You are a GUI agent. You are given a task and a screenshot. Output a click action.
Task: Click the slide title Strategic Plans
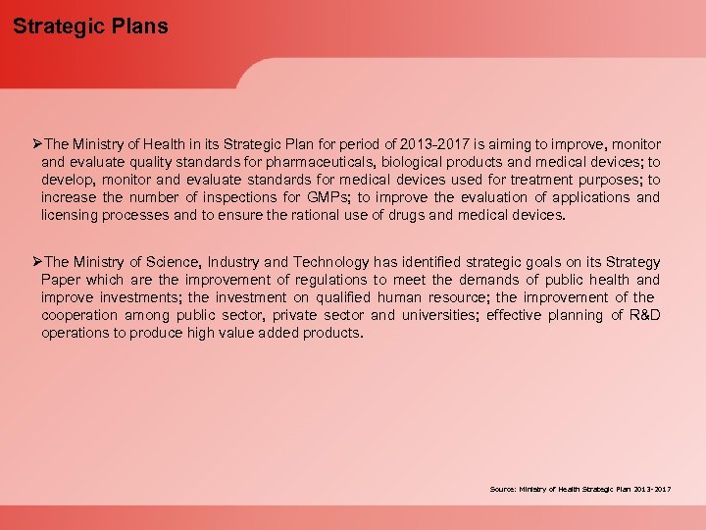[x=90, y=26]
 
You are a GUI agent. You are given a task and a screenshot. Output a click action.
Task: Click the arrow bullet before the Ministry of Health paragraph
[x=37, y=144]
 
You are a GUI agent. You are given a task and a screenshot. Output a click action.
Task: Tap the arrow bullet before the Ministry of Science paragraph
[x=37, y=262]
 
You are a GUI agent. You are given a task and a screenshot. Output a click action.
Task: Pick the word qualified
[x=330, y=297]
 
